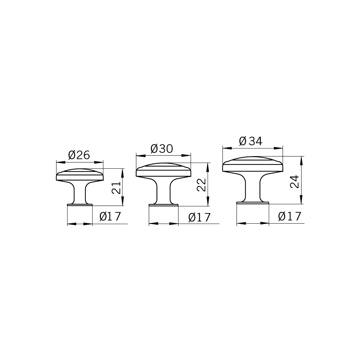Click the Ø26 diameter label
pyautogui.click(x=79, y=155)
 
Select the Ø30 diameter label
pyautogui.click(x=162, y=149)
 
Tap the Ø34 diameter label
pyautogui.click(x=250, y=141)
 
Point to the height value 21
pyautogui.click(x=116, y=188)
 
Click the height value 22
pyautogui.click(x=201, y=185)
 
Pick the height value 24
pyautogui.click(x=295, y=181)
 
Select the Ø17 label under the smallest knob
pyautogui.click(x=110, y=216)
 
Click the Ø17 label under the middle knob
pyautogui.click(x=199, y=217)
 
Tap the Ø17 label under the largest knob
pyautogui.click(x=289, y=216)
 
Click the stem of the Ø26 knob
pyautogui.click(x=80, y=192)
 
